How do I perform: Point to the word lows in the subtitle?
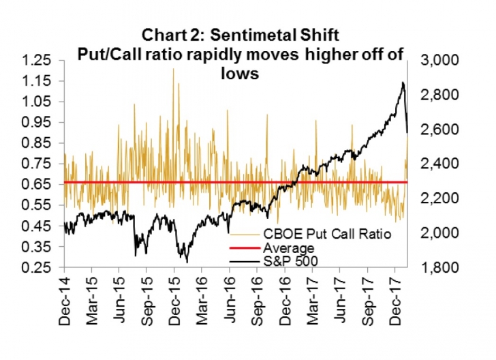pyautogui.click(x=241, y=73)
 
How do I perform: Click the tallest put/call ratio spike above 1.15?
pyautogui.click(x=173, y=69)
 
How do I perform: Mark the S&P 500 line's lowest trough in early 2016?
pyautogui.click(x=185, y=260)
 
